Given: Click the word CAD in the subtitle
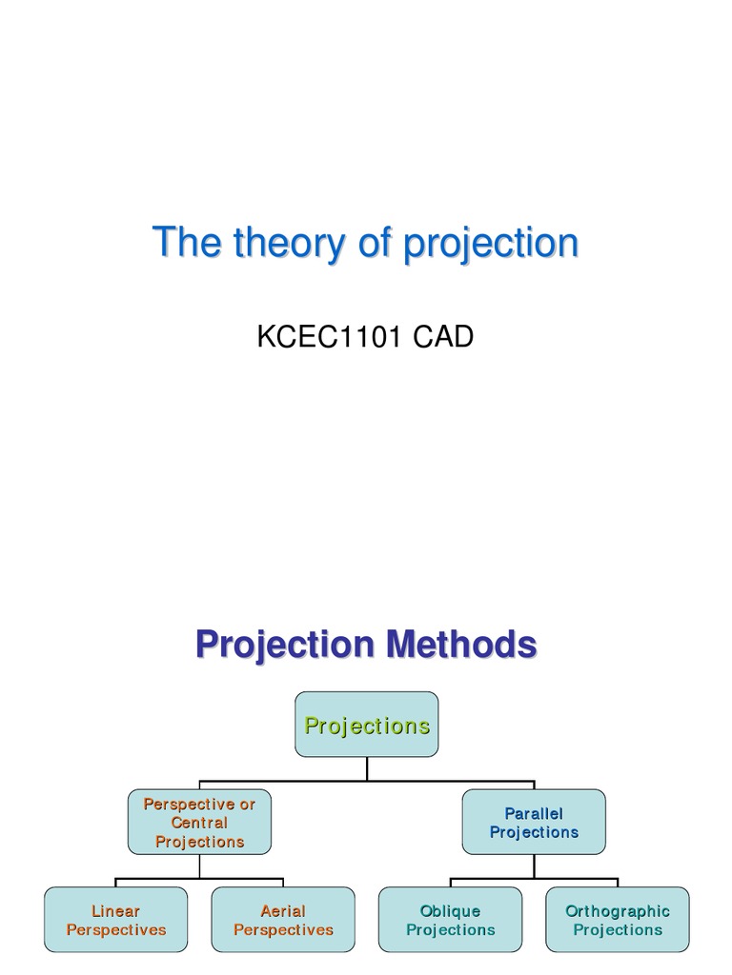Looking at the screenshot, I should pyautogui.click(x=442, y=337).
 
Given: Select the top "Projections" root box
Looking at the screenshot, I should pyautogui.click(x=367, y=725).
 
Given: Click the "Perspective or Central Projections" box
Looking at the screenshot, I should pyautogui.click(x=199, y=822).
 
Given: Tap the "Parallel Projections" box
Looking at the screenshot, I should pyautogui.click(x=534, y=822).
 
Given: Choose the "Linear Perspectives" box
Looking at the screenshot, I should pyautogui.click(x=115, y=920).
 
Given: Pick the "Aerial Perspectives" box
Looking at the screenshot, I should pyautogui.click(x=283, y=920).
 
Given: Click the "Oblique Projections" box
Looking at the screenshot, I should pyautogui.click(x=451, y=920).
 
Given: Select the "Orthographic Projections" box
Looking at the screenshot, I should pyautogui.click(x=618, y=920).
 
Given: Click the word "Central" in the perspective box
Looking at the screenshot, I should pyautogui.click(x=199, y=823).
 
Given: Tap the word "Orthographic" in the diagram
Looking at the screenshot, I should pyautogui.click(x=618, y=911).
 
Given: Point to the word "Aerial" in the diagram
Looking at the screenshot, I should pyautogui.click(x=283, y=911).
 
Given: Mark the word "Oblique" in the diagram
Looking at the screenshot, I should pyautogui.click(x=451, y=911).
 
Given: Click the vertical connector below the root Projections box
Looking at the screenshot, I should pyautogui.click(x=367, y=768).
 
